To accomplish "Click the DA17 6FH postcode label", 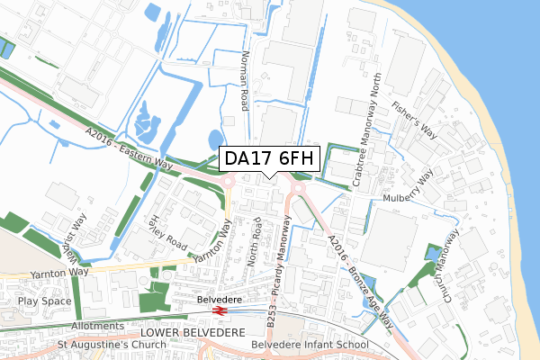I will click(x=269, y=158).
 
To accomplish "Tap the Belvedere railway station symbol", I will click(x=218, y=311).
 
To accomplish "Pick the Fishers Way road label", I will click(x=413, y=119).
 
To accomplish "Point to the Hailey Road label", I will click(x=170, y=233).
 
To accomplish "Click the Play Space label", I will click(x=45, y=302).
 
